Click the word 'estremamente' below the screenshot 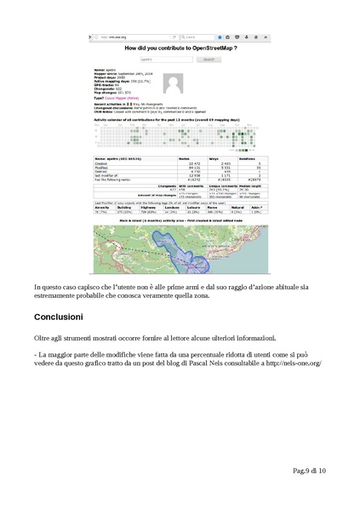click(x=60, y=295)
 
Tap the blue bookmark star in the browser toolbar click(x=220, y=37)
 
